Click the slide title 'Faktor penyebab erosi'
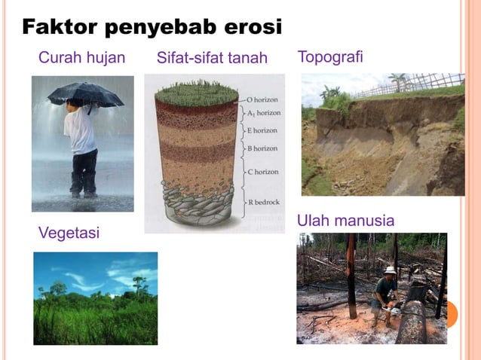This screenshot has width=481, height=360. [152, 28]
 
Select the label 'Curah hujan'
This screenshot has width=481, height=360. [81, 57]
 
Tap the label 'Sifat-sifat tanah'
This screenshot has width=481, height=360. [212, 58]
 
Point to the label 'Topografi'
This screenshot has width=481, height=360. [330, 56]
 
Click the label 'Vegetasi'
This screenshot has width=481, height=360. [69, 233]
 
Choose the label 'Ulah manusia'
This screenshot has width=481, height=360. [345, 221]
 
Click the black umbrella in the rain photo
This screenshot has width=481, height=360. [85, 94]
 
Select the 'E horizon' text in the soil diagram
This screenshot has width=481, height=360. [262, 130]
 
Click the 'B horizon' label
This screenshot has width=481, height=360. [262, 148]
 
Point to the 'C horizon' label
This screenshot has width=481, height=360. [262, 172]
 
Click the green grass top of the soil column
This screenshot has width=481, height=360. [196, 93]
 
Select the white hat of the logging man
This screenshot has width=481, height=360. [390, 270]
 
